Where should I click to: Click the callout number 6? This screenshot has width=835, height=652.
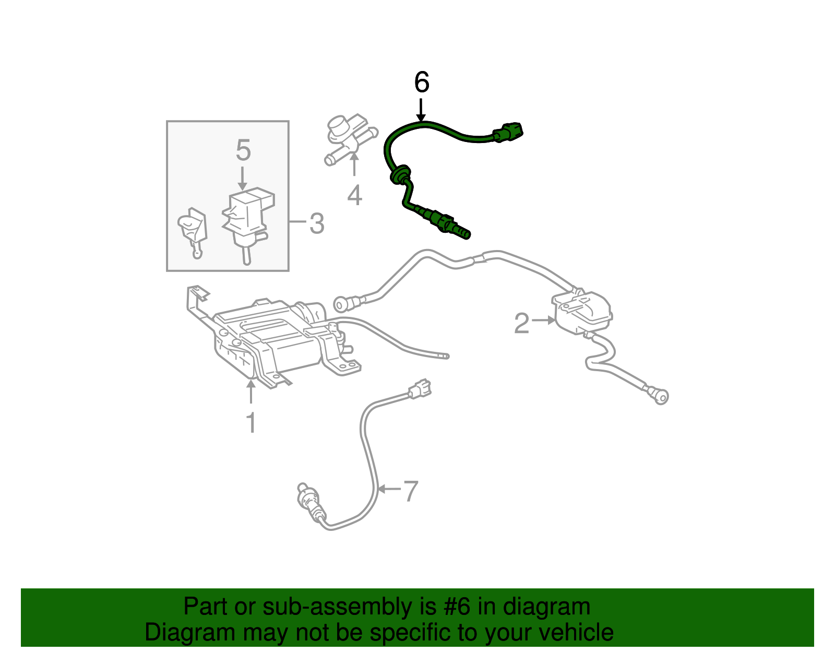coord(421,82)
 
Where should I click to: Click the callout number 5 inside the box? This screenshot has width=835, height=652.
coord(243,150)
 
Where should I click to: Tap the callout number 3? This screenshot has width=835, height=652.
coord(317,223)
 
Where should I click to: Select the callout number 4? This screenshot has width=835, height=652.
coord(354,196)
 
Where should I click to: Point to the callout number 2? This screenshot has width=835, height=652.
coord(521,323)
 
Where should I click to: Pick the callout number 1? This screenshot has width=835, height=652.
coord(251,423)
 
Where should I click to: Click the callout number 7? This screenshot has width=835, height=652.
coord(411,491)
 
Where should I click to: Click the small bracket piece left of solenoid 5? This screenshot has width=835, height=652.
coord(193,230)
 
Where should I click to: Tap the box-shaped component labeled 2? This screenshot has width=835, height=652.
coord(582,312)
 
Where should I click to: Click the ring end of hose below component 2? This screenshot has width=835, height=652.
coord(661,396)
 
